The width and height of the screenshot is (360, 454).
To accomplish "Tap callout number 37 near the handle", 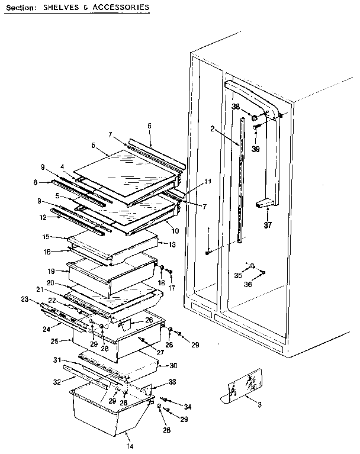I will coord(269,224).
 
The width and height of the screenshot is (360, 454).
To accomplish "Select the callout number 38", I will coord(235,107).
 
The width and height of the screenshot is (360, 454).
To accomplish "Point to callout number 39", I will coord(255,149).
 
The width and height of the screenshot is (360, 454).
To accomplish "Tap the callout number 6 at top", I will coord(149,125).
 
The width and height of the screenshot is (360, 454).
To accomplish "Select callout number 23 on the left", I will coord(24,300).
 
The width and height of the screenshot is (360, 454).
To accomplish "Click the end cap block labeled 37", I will coord(264,204).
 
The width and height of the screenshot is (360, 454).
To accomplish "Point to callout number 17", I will coord(172,288).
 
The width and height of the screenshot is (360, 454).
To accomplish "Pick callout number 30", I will coord(173,365).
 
